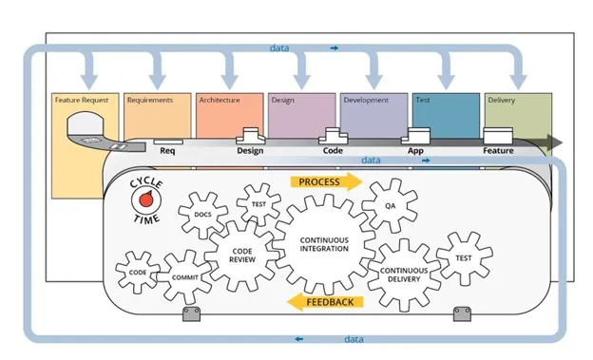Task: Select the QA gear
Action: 390,205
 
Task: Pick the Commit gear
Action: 185,276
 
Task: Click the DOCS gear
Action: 202,215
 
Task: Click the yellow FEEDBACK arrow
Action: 323,302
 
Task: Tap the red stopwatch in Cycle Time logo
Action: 146,199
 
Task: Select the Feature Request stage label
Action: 81,100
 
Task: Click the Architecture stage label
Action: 219,100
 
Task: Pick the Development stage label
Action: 366,100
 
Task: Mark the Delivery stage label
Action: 502,100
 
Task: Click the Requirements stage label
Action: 150,100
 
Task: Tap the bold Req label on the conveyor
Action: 167,150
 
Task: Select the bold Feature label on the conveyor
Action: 498,150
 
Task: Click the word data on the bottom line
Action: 354,338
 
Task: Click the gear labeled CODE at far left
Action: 137,272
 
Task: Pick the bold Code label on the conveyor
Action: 333,150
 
